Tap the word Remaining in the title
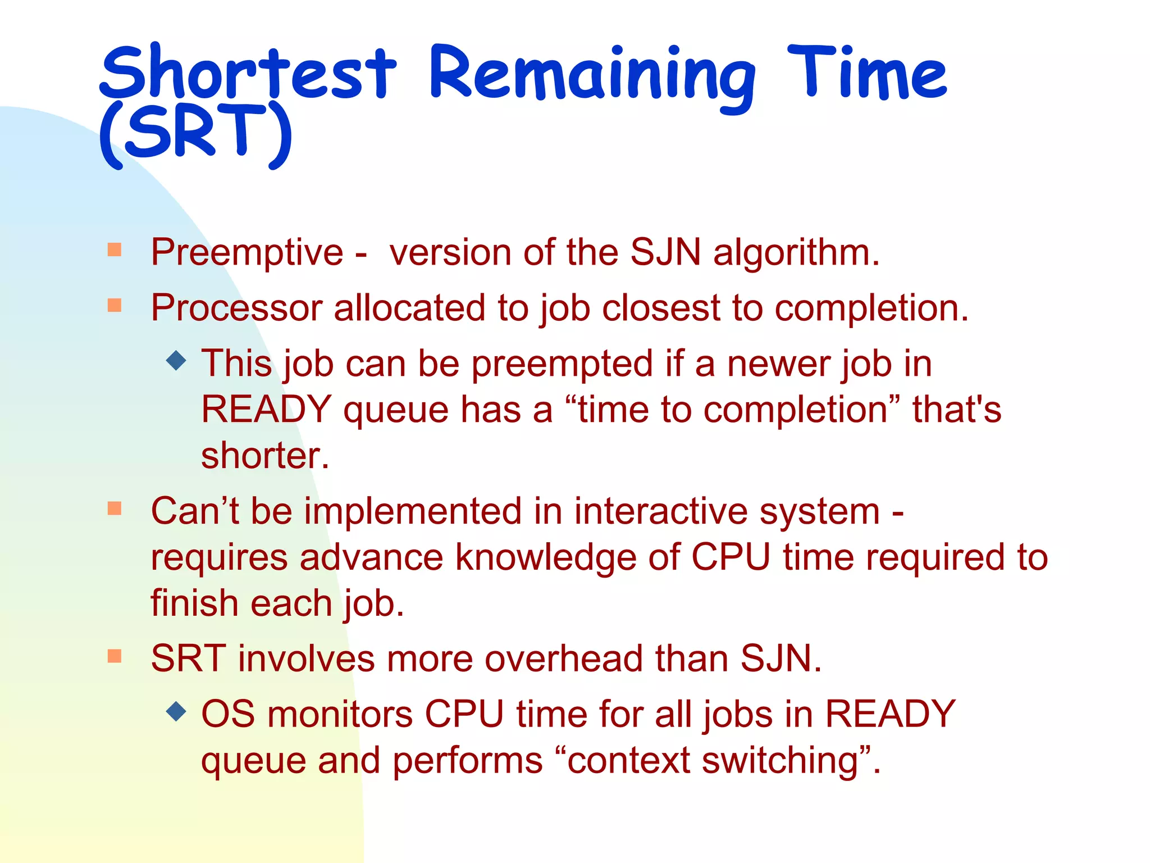click(592, 76)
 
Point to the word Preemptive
click(247, 253)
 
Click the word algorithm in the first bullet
click(796, 253)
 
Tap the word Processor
click(236, 308)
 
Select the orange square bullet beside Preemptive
click(115, 249)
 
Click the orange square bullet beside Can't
click(115, 508)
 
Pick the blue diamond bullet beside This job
click(176, 360)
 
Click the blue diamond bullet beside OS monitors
click(176, 711)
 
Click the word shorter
click(264, 456)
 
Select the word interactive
click(660, 512)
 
